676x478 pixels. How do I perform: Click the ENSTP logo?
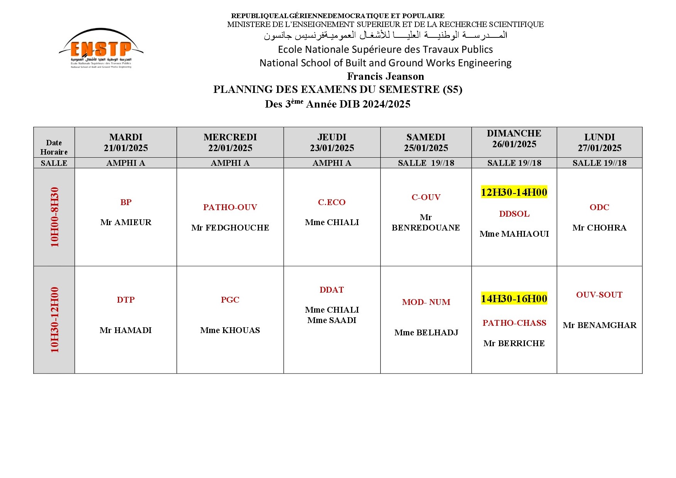[x=101, y=49]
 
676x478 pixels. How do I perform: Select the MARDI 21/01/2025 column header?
[x=126, y=143]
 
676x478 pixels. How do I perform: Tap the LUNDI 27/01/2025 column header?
[x=599, y=143]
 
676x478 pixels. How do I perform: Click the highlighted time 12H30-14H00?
[x=514, y=192]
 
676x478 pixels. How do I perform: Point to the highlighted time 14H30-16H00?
[x=514, y=299]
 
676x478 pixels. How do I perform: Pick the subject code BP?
[x=126, y=202]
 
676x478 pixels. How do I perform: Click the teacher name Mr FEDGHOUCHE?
[x=230, y=228]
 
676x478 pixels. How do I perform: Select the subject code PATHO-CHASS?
[x=514, y=323]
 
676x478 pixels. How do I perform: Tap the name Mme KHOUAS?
[x=230, y=330]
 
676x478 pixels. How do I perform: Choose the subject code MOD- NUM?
[x=426, y=302]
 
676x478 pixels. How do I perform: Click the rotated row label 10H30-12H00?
[x=55, y=320]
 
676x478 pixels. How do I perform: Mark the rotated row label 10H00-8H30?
[x=55, y=217]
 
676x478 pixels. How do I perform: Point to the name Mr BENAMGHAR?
[x=599, y=325]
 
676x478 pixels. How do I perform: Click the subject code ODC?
[x=599, y=207]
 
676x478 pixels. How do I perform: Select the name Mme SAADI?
[x=332, y=320]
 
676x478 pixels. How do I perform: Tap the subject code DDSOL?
[x=514, y=214]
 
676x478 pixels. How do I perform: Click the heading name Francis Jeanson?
[x=385, y=76]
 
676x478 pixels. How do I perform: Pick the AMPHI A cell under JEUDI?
[x=332, y=163]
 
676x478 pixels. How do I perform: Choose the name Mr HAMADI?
[x=126, y=330]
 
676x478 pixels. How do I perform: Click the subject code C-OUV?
[x=426, y=197]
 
